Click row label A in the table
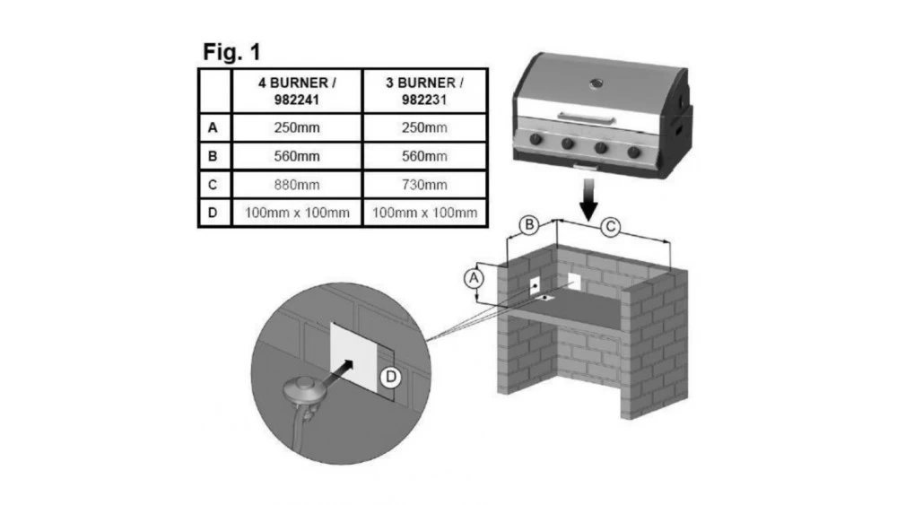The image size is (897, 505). tap(213, 128)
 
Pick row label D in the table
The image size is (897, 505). tap(213, 213)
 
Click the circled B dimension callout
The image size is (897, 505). tap(530, 223)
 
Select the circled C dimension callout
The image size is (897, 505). tap(610, 228)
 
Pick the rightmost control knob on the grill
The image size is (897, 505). tap(634, 152)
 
